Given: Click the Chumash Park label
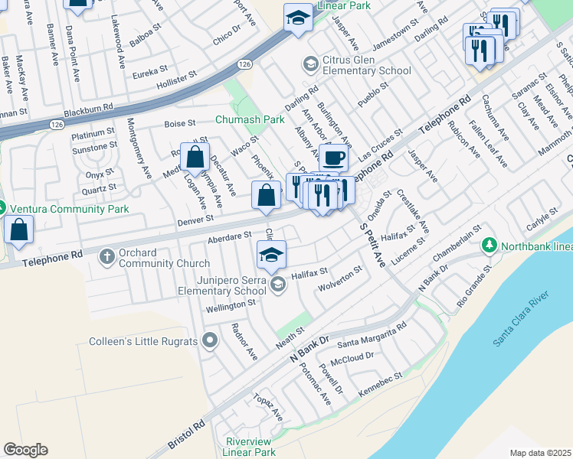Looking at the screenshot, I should (x=250, y=120).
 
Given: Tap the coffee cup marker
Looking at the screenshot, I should (x=333, y=158).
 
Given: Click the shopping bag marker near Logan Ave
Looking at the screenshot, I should (x=195, y=158).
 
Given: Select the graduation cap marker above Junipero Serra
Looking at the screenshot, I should (x=270, y=255).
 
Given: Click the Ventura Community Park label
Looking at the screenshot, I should (x=57, y=207).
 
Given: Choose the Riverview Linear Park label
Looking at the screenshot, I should (x=250, y=447).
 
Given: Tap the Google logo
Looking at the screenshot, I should (x=25, y=450).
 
